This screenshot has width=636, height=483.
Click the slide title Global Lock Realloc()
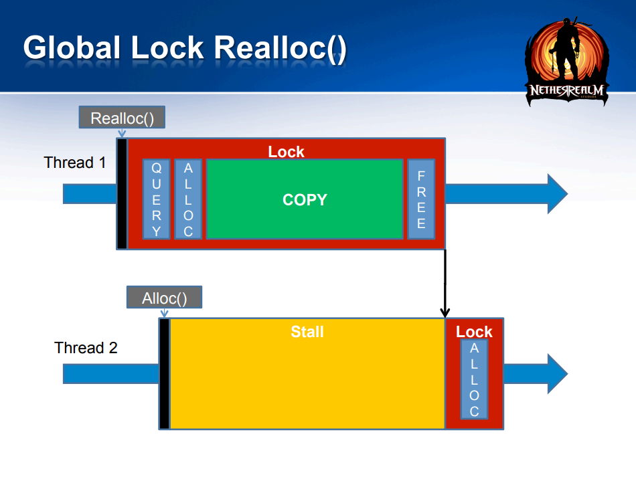click(x=185, y=48)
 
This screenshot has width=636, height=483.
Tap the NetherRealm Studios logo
click(x=567, y=62)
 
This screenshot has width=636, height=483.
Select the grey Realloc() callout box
click(x=122, y=118)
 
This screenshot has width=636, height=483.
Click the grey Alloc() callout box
click(x=164, y=298)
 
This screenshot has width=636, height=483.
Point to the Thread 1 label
click(x=75, y=163)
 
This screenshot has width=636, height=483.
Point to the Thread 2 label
click(x=86, y=348)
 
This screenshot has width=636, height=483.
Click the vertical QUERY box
click(x=157, y=199)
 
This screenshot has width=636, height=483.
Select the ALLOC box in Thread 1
click(x=188, y=199)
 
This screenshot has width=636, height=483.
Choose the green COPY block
click(x=305, y=199)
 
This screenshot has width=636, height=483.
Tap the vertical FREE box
click(x=421, y=199)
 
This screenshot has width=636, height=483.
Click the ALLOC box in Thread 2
click(x=474, y=379)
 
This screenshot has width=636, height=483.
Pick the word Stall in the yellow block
click(x=307, y=332)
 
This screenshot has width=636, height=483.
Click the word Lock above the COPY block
click(x=286, y=152)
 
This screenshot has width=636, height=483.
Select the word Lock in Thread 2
click(x=474, y=332)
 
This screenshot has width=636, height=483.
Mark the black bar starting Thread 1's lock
click(x=122, y=194)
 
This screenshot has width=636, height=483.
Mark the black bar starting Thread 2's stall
click(x=164, y=373)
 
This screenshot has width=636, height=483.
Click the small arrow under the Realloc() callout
click(x=122, y=133)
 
